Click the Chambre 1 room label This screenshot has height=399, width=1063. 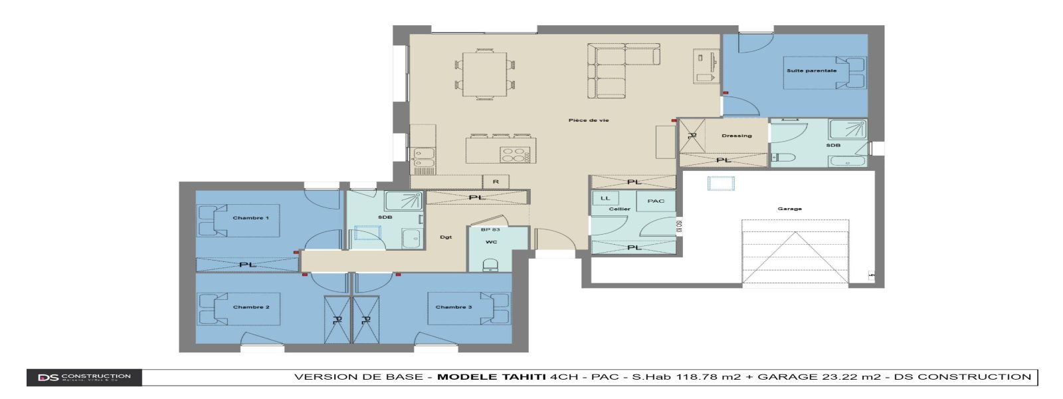pos(250,218)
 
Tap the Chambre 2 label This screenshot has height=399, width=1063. pos(251,307)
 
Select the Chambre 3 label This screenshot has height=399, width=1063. pos(453,307)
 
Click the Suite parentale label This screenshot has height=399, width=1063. pos(811,70)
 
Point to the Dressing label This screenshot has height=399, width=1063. pos(736,136)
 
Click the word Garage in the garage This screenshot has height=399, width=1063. pos(789,209)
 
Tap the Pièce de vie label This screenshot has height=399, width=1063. pos(588,120)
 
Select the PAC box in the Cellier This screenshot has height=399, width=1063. pos(655,201)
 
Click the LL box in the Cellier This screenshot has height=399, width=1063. pos(605,198)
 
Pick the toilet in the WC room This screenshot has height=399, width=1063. pos(490,266)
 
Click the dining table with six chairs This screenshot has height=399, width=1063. pos(484,74)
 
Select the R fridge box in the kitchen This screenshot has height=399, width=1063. pos(495,182)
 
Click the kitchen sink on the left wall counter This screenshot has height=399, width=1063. pos(422,158)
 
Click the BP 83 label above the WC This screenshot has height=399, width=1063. pos(490,229)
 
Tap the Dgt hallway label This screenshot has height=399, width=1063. pos(446,237)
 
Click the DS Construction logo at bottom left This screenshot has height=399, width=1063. pos(84,378)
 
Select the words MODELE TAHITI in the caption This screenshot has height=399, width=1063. pos(491,377)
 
